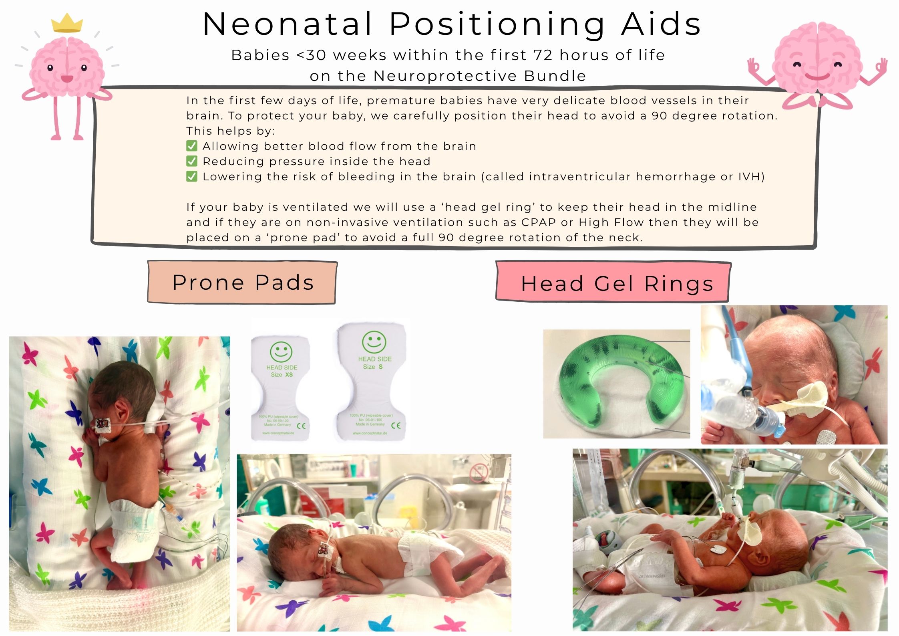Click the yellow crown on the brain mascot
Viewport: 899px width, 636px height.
pos(67,24)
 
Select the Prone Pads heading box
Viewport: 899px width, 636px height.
pos(242,283)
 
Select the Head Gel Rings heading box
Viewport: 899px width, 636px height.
pos(613,283)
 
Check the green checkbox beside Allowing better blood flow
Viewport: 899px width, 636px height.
pos(192,146)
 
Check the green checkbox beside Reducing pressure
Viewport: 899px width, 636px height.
pos(192,161)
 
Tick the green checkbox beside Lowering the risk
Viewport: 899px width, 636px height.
pos(192,176)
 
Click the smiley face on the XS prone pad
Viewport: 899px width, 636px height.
pos(281,351)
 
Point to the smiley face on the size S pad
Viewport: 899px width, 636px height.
pos(374,342)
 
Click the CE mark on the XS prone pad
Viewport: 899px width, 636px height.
pos(301,426)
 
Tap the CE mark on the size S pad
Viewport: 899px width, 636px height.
pos(396,425)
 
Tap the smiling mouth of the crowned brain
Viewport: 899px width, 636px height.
pos(67,79)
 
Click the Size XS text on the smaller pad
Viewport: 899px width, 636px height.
pos(282,375)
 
